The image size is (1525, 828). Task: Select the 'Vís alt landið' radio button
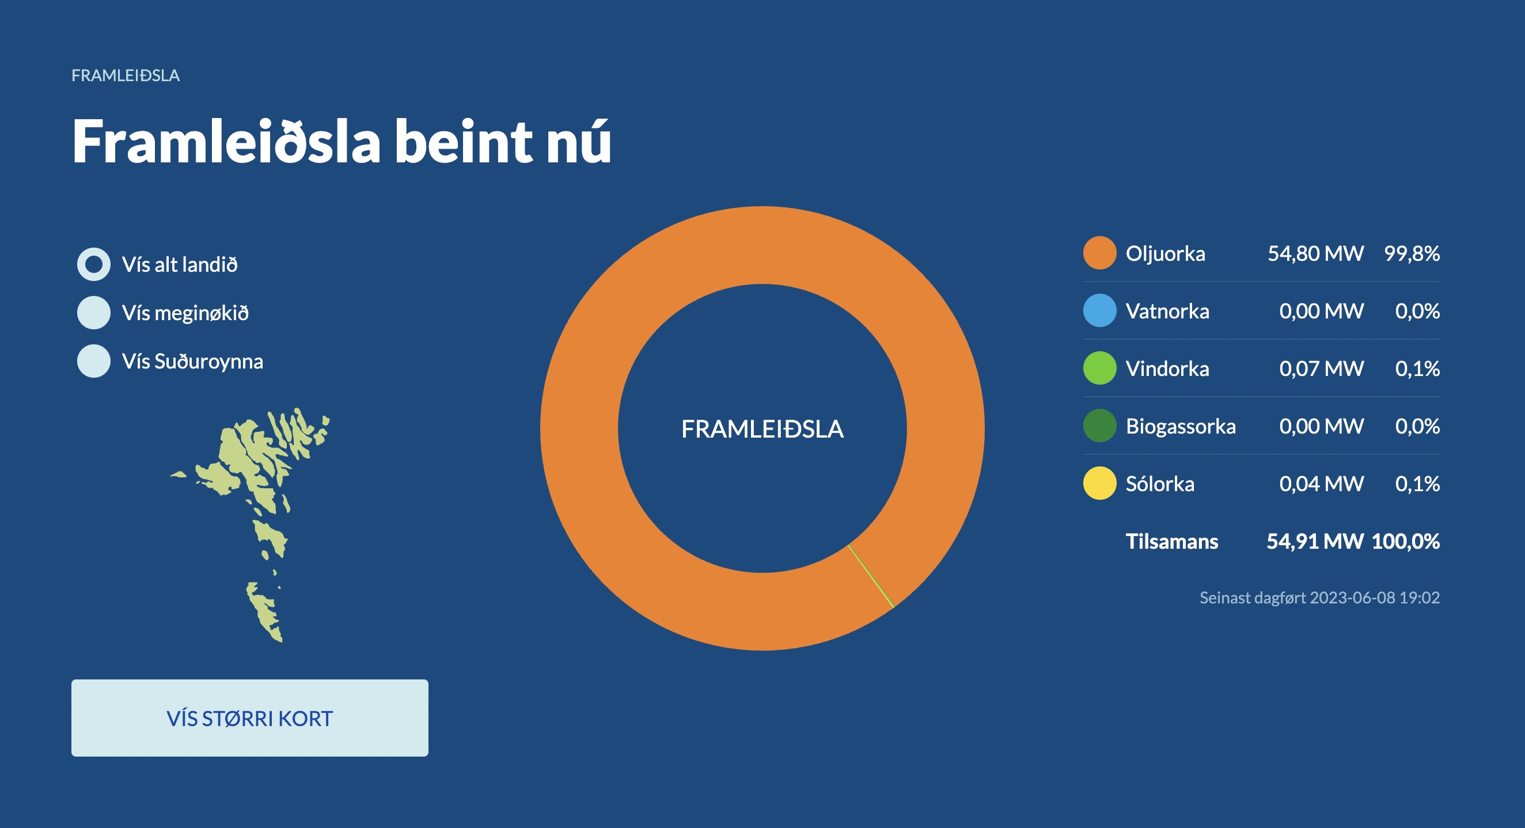pos(93,264)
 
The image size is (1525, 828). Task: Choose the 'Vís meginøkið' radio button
pos(93,313)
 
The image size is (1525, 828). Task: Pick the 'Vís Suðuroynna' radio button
pos(93,361)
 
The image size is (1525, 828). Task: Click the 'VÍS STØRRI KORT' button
pos(250,718)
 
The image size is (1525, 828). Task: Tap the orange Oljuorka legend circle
pos(1100,253)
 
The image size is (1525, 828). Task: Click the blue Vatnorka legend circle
pos(1100,311)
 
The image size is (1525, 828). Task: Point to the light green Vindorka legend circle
pos(1100,368)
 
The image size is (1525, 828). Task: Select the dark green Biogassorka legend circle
pos(1100,426)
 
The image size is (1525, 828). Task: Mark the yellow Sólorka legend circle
pos(1100,484)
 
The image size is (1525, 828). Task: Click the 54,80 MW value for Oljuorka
pos(1315,254)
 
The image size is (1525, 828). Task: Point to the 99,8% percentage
pos(1412,254)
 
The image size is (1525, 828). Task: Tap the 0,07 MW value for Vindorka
pos(1321,369)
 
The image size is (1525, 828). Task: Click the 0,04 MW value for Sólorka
pos(1321,484)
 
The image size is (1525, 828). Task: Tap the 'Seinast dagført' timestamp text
pos(1319,598)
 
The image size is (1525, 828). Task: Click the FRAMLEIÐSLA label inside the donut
pos(763,429)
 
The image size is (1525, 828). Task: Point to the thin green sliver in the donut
pos(870,576)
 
